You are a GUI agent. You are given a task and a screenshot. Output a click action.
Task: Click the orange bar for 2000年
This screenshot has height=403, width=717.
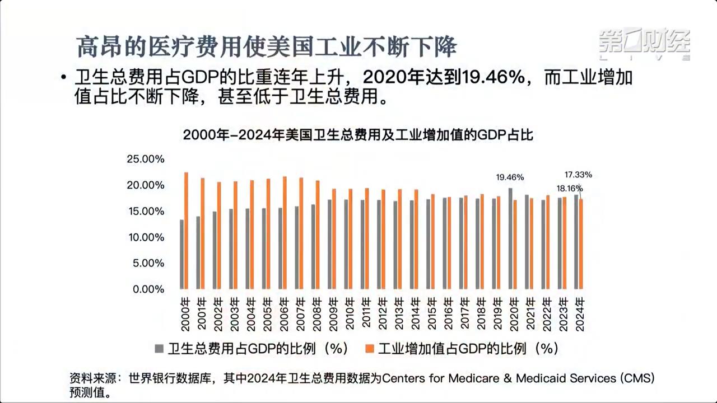(186, 231)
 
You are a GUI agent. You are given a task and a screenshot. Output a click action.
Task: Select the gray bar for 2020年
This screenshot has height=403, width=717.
(510, 238)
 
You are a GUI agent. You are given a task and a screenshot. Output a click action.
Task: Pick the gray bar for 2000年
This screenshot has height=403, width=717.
(181, 254)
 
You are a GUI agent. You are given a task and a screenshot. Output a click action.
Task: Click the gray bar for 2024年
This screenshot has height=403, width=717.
(576, 242)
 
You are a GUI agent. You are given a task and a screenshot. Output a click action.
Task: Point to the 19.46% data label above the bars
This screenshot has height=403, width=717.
(510, 177)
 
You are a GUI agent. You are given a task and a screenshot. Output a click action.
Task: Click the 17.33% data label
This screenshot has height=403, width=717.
(578, 175)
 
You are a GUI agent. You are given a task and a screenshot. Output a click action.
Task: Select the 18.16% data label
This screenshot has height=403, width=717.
(569, 189)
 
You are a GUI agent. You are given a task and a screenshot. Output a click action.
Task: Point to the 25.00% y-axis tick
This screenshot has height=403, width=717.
(146, 160)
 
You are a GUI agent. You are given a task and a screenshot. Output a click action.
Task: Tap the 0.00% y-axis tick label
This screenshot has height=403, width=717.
(148, 289)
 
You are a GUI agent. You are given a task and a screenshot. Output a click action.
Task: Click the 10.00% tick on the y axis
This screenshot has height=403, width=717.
(146, 237)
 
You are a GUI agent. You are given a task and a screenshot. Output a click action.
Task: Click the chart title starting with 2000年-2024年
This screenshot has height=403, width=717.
(358, 135)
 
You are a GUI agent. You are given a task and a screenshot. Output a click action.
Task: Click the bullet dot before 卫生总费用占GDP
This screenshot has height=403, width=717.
(64, 78)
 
